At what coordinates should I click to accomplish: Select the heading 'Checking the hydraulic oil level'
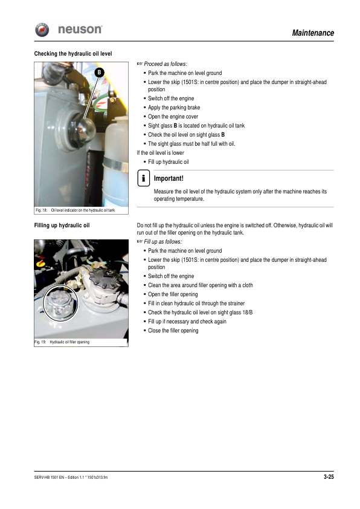pos(73,54)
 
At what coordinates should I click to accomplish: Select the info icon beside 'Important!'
pos(143,178)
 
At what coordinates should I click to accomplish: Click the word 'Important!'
pos(169,179)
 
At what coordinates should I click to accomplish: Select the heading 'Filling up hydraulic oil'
pos(62,226)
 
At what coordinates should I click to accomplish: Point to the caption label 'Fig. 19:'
pos(40,342)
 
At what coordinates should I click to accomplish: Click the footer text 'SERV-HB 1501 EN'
pos(50,478)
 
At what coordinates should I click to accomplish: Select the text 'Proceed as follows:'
pos(166,64)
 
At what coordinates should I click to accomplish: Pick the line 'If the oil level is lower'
pos(161,153)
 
